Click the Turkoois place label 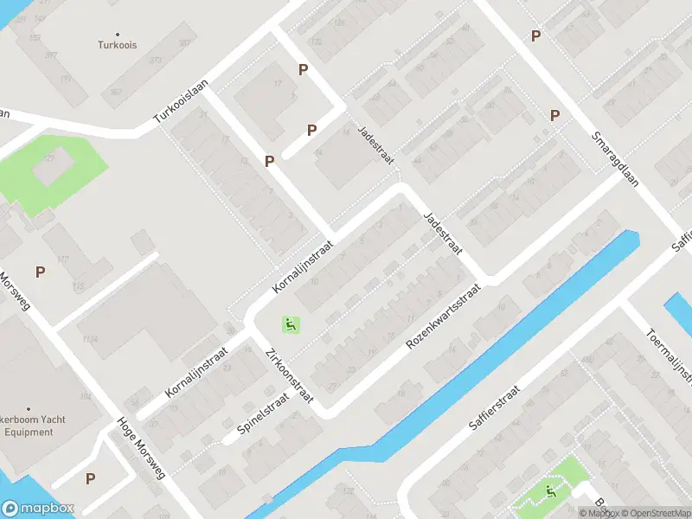118,45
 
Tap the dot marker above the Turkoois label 118,34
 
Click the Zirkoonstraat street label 290,377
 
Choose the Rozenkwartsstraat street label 443,319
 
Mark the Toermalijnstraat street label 670,355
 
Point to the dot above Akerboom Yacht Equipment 29,409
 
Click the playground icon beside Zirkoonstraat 292,325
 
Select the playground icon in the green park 551,493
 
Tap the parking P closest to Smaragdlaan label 554,115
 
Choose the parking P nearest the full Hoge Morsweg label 90,477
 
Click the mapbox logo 37,509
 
